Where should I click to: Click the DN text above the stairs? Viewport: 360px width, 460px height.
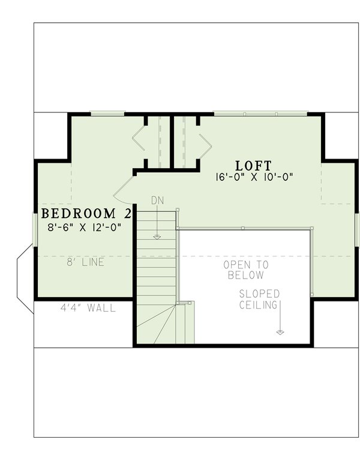coord(157,200)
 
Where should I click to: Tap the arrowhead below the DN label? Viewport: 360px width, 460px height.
coord(157,237)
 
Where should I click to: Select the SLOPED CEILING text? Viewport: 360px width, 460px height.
coord(259,299)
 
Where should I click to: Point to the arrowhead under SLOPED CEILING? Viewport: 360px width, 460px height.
coord(280,331)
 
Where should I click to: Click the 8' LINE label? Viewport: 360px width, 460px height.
coord(85,262)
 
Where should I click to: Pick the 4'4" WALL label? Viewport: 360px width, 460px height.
coord(88,308)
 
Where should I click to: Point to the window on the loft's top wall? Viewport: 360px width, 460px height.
coord(260,113)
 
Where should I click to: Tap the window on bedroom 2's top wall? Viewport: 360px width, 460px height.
coord(107,113)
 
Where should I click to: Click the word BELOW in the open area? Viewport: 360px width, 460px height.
coord(246,276)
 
